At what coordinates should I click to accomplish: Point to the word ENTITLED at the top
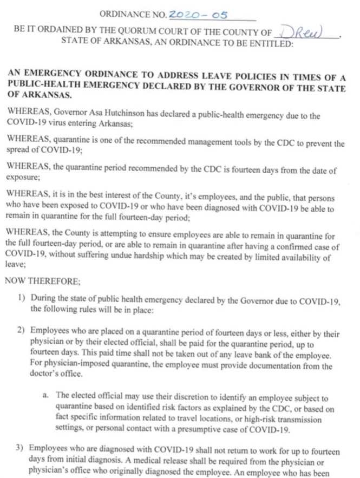point(268,44)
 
